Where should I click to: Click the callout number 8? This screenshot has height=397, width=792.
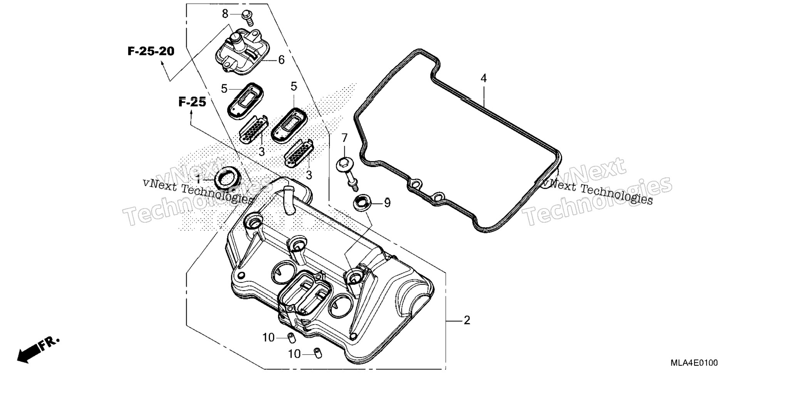coord(225,14)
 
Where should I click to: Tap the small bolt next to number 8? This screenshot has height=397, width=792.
coord(248,18)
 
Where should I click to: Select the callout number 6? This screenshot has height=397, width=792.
coord(281,60)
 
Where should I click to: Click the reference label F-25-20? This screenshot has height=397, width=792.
coord(151,51)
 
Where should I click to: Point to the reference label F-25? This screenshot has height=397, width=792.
coord(192,102)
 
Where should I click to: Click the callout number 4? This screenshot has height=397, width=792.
coord(483,78)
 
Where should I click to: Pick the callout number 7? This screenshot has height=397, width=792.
coord(344,138)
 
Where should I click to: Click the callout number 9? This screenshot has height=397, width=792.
coord(387,203)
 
